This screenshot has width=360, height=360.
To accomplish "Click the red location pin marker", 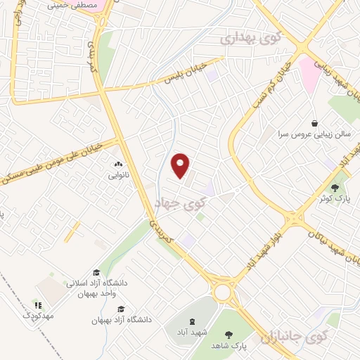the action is tap(181, 165).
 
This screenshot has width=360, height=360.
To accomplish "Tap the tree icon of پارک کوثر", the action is tap(334, 187).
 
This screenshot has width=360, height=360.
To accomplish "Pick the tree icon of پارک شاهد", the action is tap(227, 335).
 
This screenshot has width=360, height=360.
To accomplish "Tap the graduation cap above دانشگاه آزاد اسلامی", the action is tap(96, 273).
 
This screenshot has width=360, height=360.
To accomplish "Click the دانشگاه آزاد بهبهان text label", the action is tap(121, 320).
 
